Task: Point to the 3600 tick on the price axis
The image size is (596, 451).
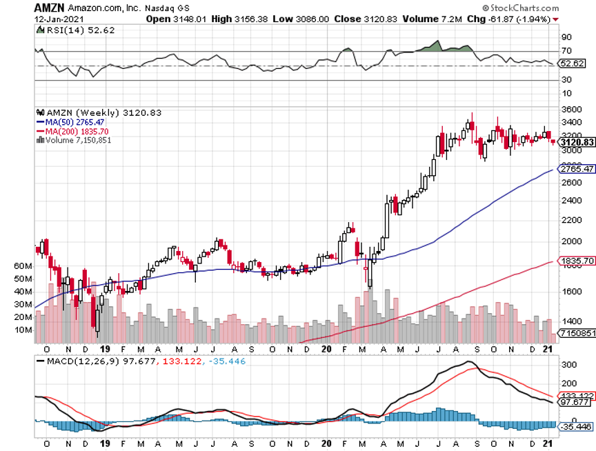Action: (570, 110)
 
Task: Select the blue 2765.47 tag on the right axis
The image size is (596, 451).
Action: (578, 168)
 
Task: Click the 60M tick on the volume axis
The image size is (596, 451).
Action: (23, 266)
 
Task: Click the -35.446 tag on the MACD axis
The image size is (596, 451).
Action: (576, 427)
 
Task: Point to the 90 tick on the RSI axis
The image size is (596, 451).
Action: (566, 37)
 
